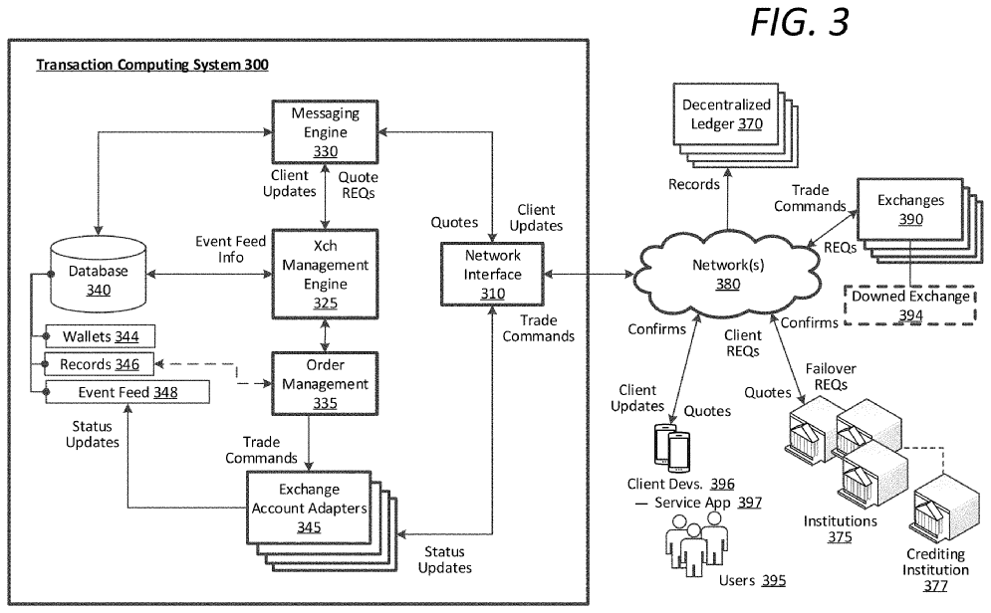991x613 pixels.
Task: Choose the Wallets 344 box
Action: tap(98, 336)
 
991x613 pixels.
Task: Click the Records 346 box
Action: tap(98, 365)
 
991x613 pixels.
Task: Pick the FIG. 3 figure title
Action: tap(799, 24)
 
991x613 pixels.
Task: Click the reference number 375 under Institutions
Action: tap(840, 536)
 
